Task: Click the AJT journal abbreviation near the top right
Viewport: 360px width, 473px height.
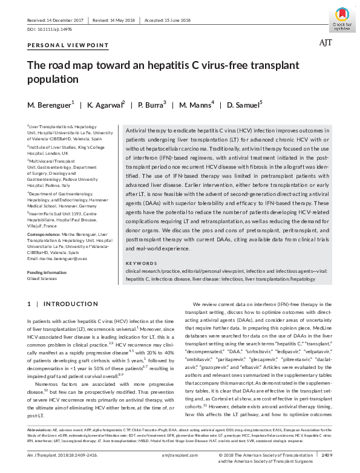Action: [x=326, y=42]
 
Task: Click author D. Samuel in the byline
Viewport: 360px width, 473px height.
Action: [x=244, y=105]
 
